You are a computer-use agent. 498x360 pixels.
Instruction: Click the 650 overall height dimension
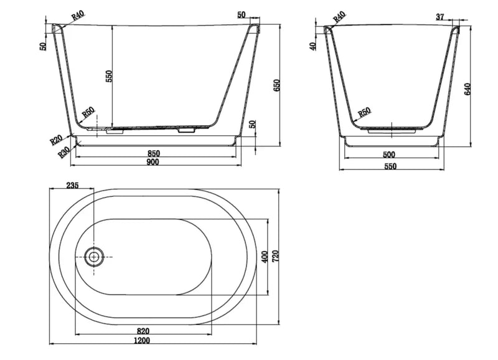point(276,86)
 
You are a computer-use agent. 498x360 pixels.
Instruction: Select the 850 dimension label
point(154,153)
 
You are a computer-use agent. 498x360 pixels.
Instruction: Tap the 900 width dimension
point(153,162)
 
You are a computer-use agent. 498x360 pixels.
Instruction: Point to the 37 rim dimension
point(440,17)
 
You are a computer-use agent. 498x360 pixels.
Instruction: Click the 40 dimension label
point(313,46)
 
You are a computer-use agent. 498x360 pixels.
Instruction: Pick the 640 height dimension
point(467,89)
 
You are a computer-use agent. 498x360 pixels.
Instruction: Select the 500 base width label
point(389,154)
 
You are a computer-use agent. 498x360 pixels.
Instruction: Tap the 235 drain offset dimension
point(72,185)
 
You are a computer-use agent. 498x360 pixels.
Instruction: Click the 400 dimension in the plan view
point(265,257)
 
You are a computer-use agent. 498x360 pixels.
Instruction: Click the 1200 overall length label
point(142,341)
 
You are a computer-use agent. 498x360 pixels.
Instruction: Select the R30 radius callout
point(64,153)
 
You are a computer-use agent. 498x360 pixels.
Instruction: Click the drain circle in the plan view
point(94,257)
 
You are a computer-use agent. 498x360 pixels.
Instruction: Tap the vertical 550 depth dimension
point(108,76)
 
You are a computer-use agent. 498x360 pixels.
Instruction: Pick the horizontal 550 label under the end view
point(390,166)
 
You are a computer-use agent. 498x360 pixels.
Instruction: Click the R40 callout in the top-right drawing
point(339,17)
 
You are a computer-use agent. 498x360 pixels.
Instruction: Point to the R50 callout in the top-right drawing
point(364,112)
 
